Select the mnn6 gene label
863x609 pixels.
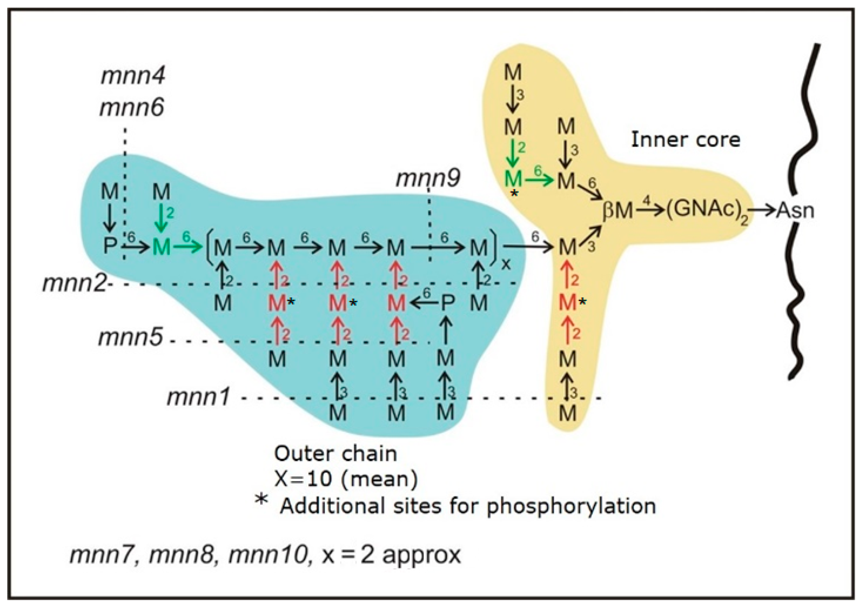pos(132,108)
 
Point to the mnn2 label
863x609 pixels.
pos(75,283)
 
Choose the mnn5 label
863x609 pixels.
pos(130,337)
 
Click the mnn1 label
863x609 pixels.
pos(198,397)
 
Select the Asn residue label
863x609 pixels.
pos(795,211)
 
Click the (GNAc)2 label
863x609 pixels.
pos(707,211)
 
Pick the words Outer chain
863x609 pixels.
pos(335,454)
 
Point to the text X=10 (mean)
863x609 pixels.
pos(346,479)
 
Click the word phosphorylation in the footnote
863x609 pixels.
pos(571,506)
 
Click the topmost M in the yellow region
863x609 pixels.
pos(513,72)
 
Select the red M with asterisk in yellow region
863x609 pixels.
pos(567,302)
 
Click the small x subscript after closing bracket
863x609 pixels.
pos(506,264)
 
